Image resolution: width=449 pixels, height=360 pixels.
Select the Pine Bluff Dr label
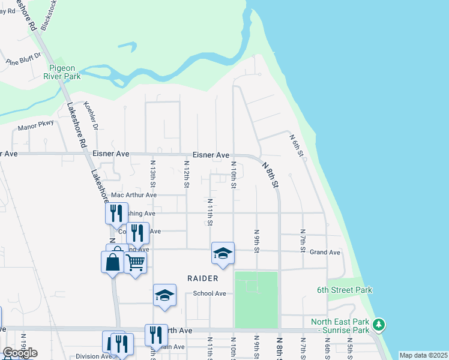(x=23, y=58)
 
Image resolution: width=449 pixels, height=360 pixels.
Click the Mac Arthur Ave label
(x=134, y=195)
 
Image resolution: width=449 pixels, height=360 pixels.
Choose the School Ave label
(x=209, y=293)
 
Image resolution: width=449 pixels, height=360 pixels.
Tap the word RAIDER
(x=202, y=278)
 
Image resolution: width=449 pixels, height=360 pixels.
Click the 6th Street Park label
(x=345, y=290)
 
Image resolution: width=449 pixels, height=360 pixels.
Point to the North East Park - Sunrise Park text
(x=340, y=326)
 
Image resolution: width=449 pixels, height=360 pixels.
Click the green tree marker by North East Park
(x=378, y=325)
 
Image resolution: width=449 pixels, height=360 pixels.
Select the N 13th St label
(x=153, y=174)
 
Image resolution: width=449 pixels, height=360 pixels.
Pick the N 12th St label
(x=187, y=174)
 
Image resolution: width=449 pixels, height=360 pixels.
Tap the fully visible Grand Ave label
(x=325, y=253)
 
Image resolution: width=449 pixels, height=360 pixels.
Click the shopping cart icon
(x=136, y=262)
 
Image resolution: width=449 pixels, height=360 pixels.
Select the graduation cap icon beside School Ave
(x=164, y=295)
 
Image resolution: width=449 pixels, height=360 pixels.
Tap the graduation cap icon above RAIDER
(x=223, y=253)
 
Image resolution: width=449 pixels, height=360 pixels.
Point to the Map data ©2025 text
(x=423, y=355)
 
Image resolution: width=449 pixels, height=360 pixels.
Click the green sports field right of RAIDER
(x=256, y=299)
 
